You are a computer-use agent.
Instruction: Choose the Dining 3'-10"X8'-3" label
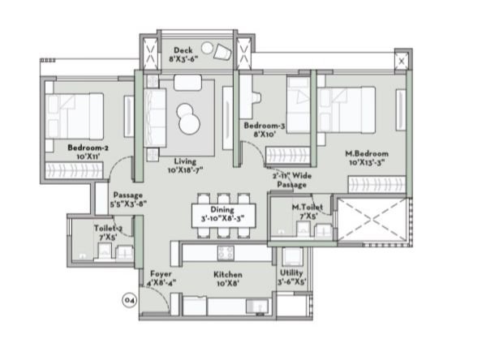click(x=222, y=214)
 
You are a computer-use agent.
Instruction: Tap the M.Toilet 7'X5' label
click(x=308, y=212)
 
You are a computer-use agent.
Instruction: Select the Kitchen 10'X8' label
click(x=228, y=280)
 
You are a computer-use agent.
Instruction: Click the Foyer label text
click(x=160, y=279)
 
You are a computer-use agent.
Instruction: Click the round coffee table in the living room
click(x=189, y=118)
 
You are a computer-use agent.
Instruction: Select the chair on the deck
click(x=220, y=52)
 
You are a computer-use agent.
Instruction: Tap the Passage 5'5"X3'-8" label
click(x=129, y=199)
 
